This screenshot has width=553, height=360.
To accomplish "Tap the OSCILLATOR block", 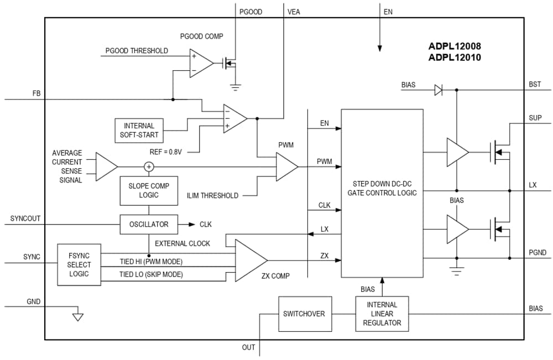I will coord(149,225).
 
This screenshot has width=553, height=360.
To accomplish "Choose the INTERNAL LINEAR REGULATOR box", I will coord(382,314).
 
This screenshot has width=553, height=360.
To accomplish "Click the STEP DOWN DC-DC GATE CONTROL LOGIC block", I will coord(382,188).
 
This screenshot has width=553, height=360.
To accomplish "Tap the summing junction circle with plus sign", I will coord(149,166).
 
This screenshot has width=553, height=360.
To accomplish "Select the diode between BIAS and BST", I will coord(438,90).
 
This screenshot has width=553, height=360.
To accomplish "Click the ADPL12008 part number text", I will coord(450,46).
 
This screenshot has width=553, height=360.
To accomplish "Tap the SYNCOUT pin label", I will coord(26,219).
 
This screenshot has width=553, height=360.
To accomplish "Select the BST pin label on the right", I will coord(535,85).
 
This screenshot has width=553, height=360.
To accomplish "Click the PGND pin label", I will coord(536,253).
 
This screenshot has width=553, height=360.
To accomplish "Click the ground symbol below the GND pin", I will coord(78,317).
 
